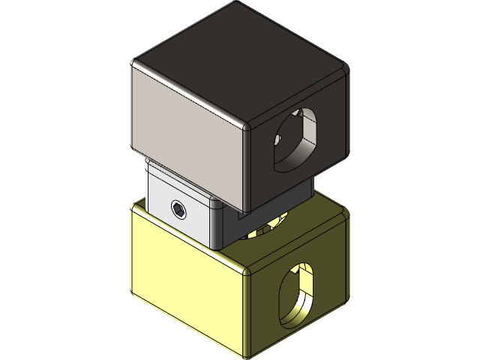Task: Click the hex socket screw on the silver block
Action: pos(179,209)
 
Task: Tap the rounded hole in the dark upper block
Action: pos(295,138)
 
